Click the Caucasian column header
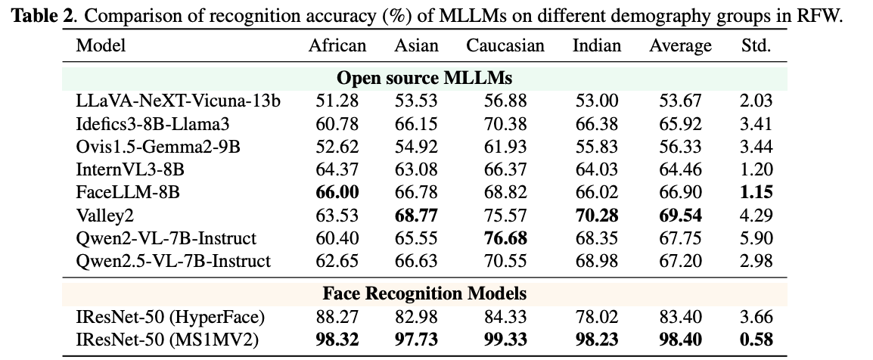[x=505, y=45]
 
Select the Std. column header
[x=756, y=45]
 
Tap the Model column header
[x=101, y=45]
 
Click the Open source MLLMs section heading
[x=424, y=78]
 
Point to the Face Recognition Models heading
[x=424, y=293]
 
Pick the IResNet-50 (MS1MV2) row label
[x=167, y=340]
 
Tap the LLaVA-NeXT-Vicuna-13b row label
[x=179, y=100]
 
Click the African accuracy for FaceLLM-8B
[x=337, y=192]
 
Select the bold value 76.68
[x=505, y=238]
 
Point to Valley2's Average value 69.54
[x=680, y=216]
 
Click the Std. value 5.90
[x=756, y=238]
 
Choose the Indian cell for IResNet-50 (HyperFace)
[x=596, y=317]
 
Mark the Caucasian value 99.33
[x=505, y=340]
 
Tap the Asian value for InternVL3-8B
[x=416, y=169]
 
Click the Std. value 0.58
[x=756, y=340]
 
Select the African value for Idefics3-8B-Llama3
[x=337, y=123]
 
